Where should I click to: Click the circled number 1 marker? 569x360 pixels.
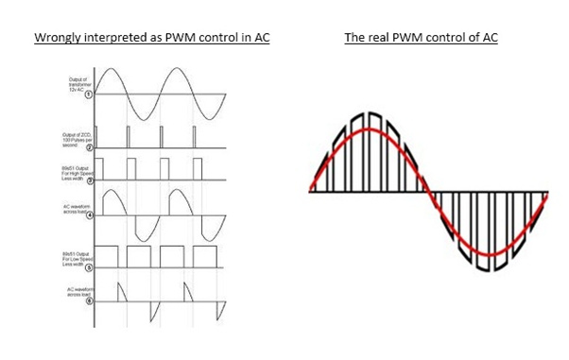coord(89,94)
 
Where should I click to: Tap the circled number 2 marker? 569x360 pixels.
coord(89,148)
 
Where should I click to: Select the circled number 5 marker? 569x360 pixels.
coord(89,267)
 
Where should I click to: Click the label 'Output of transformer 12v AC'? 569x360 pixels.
coord(72,82)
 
